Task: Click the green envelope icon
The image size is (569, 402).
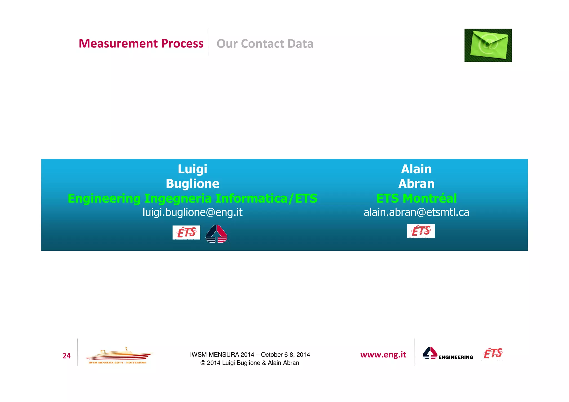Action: coord(488,45)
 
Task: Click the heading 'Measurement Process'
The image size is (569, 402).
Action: coord(141,44)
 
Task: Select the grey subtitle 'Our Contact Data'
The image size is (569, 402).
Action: coord(265,44)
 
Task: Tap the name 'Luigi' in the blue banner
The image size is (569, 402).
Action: coord(193,169)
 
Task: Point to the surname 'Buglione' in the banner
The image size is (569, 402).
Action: coord(193,184)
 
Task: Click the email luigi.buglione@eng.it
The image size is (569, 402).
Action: coord(193,212)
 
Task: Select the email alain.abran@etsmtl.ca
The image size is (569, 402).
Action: coord(416,212)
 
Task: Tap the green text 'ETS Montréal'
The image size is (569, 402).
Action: coord(416,199)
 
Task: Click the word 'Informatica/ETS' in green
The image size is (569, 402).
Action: coord(266,199)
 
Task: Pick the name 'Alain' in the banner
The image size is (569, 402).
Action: coord(416,169)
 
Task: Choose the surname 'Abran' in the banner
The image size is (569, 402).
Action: coord(416,184)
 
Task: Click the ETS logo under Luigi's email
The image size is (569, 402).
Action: coord(186,232)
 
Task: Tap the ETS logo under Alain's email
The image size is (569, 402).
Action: coord(421,231)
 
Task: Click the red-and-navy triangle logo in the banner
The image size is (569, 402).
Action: coord(216,234)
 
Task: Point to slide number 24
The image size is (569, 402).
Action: coord(66,356)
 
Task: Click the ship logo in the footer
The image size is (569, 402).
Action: coord(119,356)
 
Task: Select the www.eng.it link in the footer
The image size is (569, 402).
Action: coord(383,355)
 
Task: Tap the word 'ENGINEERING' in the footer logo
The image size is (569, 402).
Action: coord(456,357)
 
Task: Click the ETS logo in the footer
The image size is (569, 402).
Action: coord(493,354)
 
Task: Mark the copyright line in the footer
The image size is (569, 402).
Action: coord(250,363)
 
